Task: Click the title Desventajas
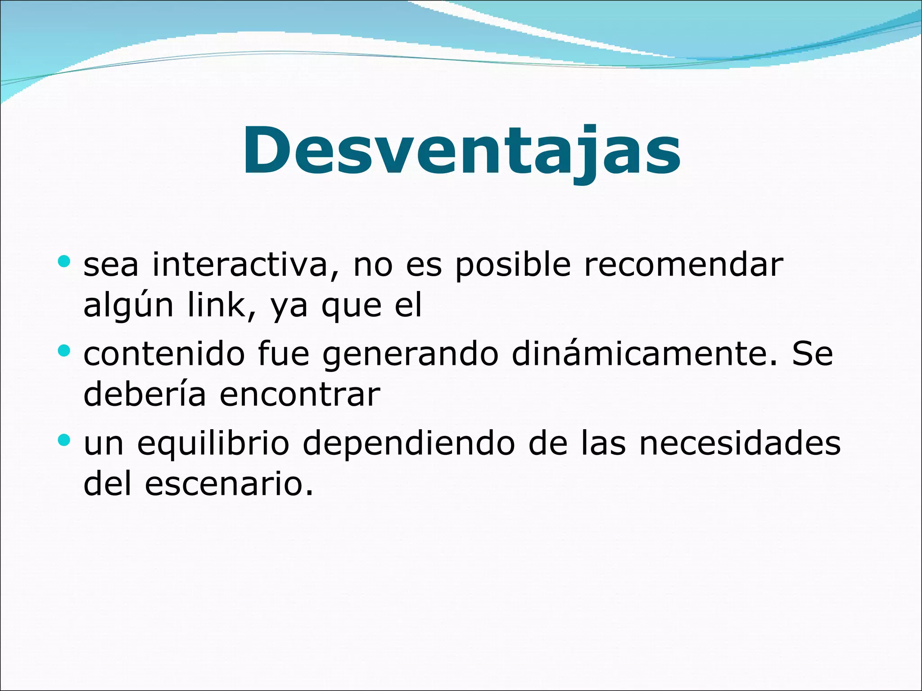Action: click(x=461, y=151)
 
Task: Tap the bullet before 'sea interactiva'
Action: click(x=64, y=261)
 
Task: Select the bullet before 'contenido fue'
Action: click(x=64, y=350)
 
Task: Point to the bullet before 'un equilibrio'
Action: click(x=64, y=440)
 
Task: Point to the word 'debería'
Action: click(x=145, y=394)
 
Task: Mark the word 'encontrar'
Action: click(x=300, y=395)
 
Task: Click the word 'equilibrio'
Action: click(x=212, y=444)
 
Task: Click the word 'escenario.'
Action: click(x=229, y=485)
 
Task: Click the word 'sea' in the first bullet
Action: click(x=111, y=265)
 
